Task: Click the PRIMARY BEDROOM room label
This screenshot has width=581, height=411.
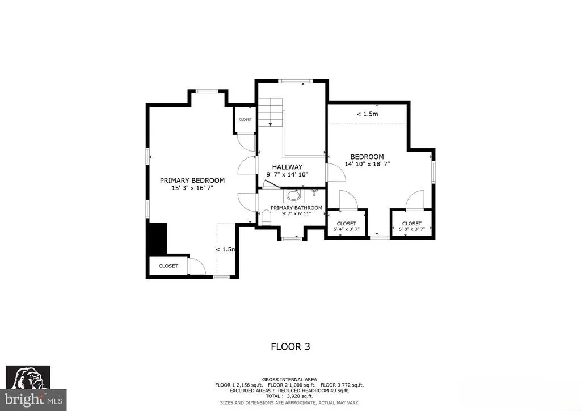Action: click(x=192, y=181)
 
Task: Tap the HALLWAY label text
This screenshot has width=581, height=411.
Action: click(x=287, y=167)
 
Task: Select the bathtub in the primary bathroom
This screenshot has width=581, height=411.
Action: click(x=293, y=195)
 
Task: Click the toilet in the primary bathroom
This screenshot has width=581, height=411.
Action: click(x=266, y=217)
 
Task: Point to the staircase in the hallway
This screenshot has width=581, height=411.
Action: click(x=271, y=112)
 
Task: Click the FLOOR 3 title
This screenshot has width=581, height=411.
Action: click(x=290, y=346)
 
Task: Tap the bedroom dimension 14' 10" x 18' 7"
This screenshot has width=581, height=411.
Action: click(x=367, y=164)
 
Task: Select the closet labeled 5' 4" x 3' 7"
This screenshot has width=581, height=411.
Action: click(x=347, y=224)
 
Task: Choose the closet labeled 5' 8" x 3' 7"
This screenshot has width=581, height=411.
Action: click(x=412, y=224)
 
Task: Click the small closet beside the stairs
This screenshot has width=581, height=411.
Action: click(x=245, y=119)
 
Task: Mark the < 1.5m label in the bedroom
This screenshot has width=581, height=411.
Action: click(x=367, y=114)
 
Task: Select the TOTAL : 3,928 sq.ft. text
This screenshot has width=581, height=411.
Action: click(x=289, y=396)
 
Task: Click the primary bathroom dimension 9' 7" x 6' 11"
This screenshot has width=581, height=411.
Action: click(x=296, y=213)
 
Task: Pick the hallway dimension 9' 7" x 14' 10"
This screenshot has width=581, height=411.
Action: click(x=287, y=174)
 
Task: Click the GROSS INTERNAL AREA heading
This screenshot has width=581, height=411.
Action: click(x=289, y=380)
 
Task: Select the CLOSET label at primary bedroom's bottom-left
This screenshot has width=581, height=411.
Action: click(x=168, y=266)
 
